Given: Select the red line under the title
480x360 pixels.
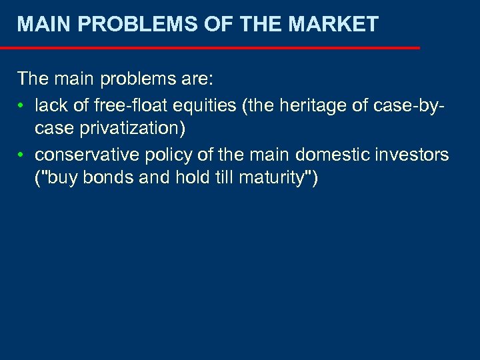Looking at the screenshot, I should point(210,48).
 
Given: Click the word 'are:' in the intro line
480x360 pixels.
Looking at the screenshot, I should point(194,79).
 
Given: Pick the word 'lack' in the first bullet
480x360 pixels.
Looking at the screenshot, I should point(49,104).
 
